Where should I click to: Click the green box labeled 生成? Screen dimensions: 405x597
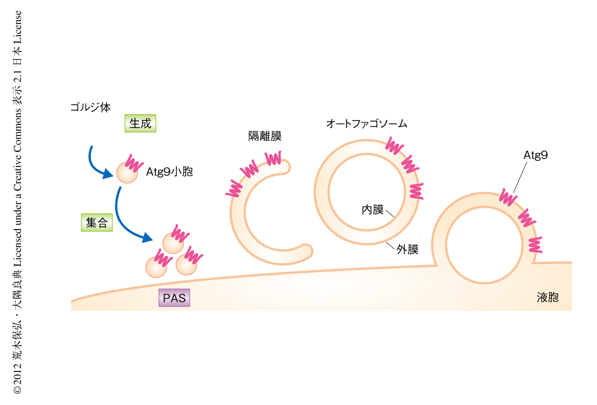click(140, 123)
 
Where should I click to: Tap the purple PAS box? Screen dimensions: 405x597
click(174, 298)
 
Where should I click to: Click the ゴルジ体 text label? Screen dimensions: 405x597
click(90, 107)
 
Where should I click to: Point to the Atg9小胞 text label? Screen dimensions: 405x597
click(169, 172)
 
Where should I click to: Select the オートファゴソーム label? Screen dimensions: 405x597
click(367, 124)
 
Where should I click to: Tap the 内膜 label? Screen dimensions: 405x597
click(372, 209)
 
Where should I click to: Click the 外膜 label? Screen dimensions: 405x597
click(407, 249)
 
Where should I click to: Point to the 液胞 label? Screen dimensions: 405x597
click(548, 298)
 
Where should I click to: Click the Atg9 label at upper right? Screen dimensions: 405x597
click(535, 156)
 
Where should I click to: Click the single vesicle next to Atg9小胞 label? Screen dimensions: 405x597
click(127, 172)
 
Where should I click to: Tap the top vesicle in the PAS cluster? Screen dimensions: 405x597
click(173, 242)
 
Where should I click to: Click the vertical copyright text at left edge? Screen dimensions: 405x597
click(18, 202)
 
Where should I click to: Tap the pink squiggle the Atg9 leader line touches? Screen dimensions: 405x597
click(508, 197)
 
